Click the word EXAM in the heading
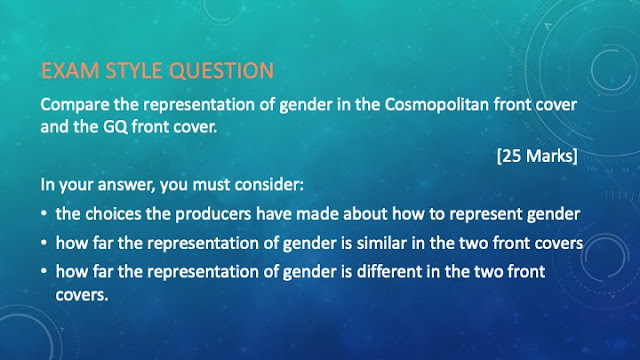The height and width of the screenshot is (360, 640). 70,71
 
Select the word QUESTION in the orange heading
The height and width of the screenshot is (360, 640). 221,71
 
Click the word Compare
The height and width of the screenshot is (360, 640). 75,105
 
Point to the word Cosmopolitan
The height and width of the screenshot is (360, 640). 436,105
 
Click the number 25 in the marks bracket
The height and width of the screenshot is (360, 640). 512,156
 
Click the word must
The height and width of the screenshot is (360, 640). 210,185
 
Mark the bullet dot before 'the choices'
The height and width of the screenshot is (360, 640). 44,214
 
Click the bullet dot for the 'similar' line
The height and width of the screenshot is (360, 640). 44,243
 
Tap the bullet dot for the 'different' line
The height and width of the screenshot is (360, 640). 44,272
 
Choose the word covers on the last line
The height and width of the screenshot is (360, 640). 82,295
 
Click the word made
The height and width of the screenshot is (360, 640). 320,214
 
